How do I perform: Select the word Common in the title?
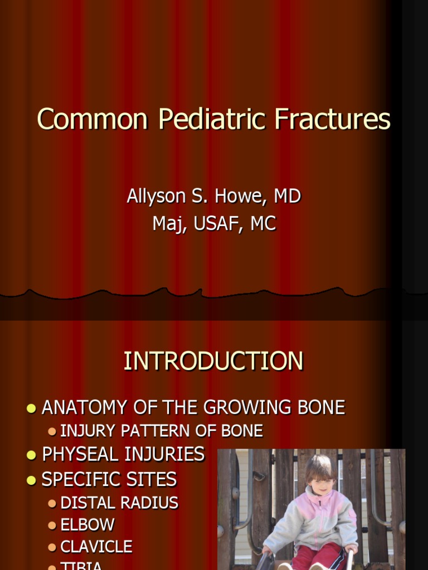93,120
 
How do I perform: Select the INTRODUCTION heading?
213,361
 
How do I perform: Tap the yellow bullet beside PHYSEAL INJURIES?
31,455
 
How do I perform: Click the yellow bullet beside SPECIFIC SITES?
31,480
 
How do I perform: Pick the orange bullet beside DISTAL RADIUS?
52,503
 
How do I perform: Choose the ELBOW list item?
87,525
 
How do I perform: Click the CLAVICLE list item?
96,547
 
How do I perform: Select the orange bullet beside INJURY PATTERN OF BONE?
52,431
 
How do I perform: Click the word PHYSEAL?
82,455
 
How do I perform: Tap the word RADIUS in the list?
151,503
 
